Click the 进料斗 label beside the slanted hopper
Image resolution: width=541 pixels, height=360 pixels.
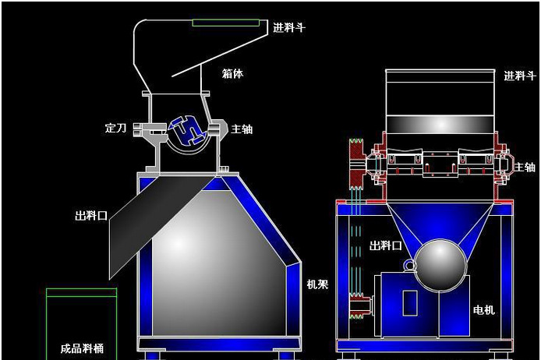(x=289, y=27)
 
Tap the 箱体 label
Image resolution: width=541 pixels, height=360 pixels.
(x=232, y=73)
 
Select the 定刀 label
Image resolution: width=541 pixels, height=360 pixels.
(x=115, y=129)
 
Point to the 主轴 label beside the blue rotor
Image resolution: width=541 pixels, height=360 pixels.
(x=242, y=129)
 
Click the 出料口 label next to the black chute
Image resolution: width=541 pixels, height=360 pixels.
(x=91, y=216)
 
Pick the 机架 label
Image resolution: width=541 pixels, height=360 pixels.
(x=317, y=284)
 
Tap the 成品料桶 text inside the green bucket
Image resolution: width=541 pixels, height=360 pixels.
(x=82, y=348)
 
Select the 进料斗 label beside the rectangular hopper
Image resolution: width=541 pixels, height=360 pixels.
(x=520, y=76)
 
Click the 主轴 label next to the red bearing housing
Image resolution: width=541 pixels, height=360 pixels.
(x=525, y=168)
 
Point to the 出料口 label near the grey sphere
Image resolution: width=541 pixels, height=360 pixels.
(x=386, y=246)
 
